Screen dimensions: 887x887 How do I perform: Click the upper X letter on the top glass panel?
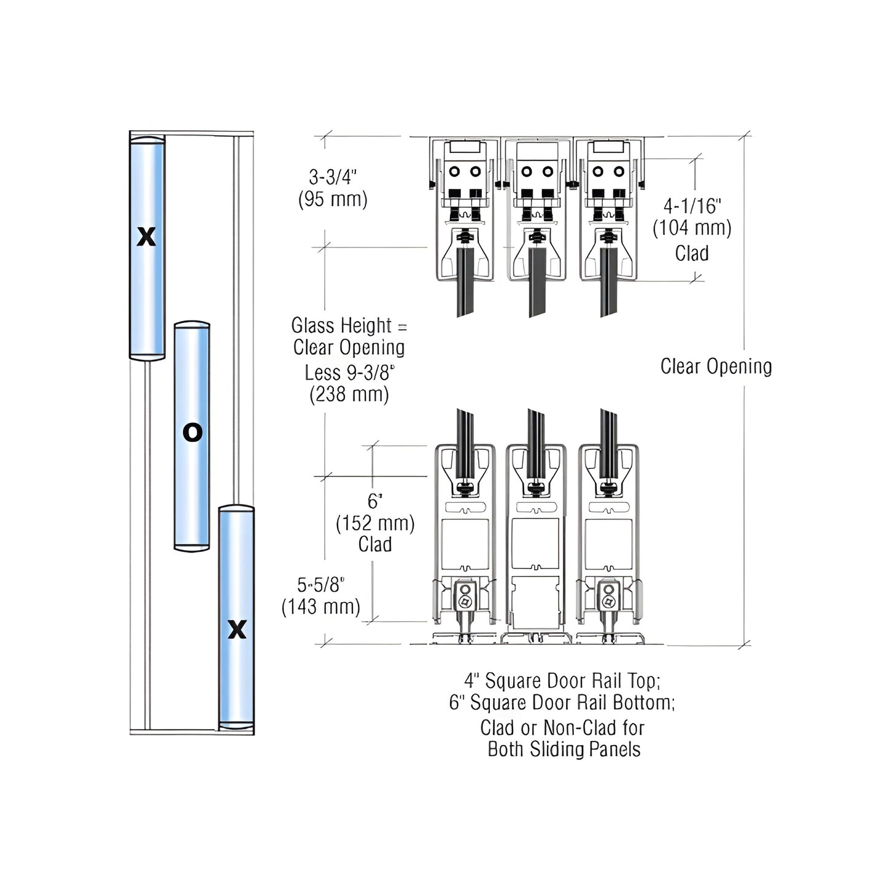click(146, 236)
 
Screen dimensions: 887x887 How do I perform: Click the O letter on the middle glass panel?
click(192, 433)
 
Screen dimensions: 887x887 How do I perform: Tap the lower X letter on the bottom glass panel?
click(237, 630)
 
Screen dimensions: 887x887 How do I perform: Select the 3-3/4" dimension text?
click(332, 177)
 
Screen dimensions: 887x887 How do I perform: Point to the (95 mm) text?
click(332, 199)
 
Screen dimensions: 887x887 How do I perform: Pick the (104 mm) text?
click(692, 228)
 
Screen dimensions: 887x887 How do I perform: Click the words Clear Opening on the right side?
click(716, 366)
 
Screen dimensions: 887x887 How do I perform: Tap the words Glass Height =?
click(349, 325)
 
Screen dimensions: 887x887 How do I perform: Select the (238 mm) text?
click(349, 394)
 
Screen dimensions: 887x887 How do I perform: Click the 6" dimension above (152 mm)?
click(374, 501)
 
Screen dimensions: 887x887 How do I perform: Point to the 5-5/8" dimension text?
click(321, 584)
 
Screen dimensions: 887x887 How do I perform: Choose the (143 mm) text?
click(321, 607)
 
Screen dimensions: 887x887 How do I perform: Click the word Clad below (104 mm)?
click(692, 253)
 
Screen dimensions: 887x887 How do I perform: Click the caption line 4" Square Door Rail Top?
click(562, 681)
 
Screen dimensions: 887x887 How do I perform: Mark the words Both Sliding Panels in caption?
click(564, 749)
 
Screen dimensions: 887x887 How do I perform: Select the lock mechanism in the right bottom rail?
click(608, 598)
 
